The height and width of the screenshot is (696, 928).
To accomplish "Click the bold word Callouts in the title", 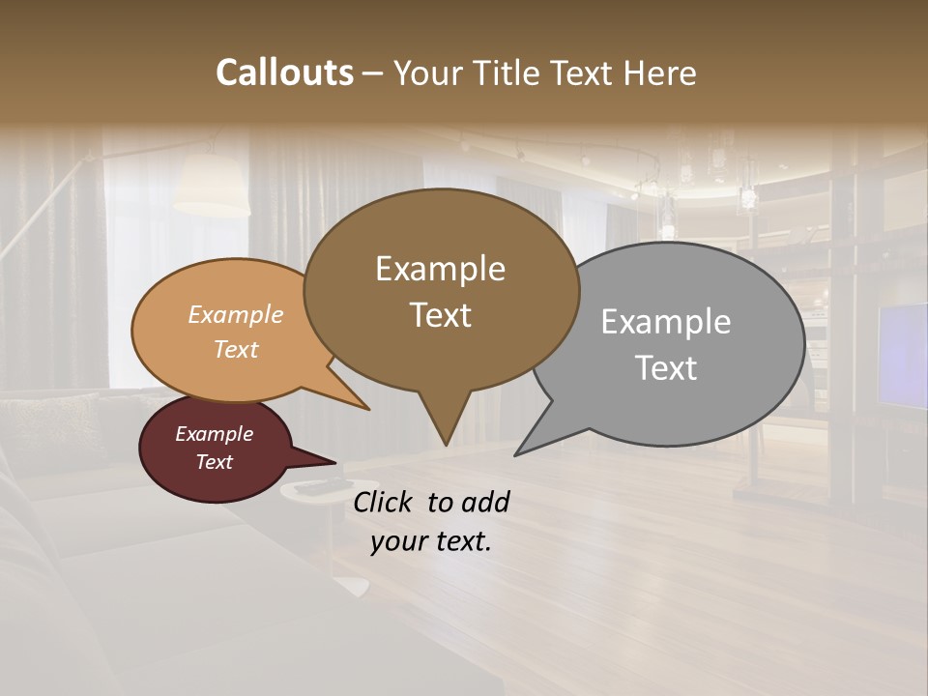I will point(284,72).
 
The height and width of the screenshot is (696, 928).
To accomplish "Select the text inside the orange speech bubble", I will point(235,332).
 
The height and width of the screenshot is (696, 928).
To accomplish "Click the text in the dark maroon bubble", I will point(214,448).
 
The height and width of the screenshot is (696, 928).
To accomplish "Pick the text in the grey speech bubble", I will point(666,344).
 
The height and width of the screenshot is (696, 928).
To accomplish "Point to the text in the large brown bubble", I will point(440,291).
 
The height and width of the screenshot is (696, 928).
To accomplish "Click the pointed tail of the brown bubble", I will point(445,425).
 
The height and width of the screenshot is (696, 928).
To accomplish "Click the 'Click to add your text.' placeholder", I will point(430,521).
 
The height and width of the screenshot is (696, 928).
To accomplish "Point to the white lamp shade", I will point(210,184).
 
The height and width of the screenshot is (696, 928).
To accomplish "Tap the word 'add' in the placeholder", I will point(485,502).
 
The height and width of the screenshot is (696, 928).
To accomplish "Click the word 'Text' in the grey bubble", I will point(666,368).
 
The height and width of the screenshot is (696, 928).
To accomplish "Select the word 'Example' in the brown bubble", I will point(440,268).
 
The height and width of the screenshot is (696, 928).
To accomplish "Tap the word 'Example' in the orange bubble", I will point(235,314).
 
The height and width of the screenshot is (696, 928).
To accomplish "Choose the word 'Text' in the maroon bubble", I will point(214,462).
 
